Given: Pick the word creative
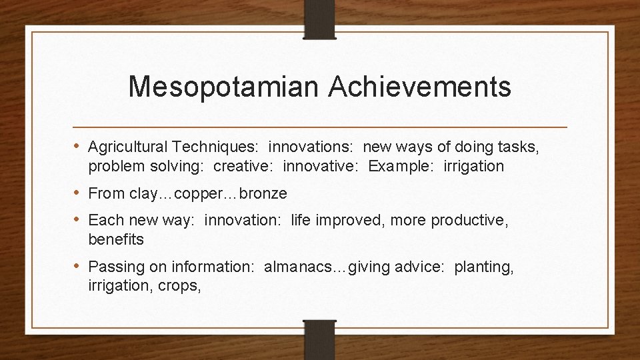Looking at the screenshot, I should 239,166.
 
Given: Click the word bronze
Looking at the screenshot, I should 263,193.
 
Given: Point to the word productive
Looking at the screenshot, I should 469,220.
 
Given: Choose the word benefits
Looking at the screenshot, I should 115,239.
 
